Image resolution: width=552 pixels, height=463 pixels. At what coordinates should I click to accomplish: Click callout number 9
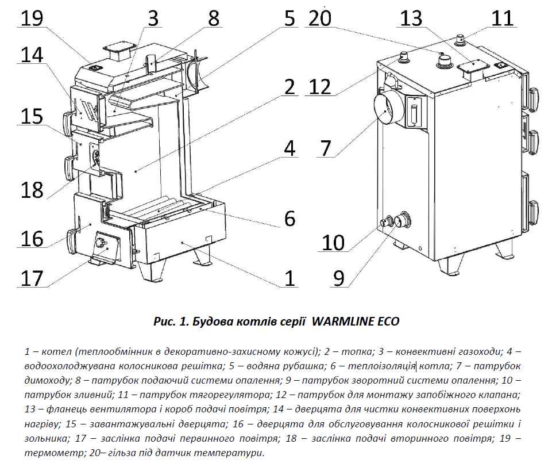coord(339,278)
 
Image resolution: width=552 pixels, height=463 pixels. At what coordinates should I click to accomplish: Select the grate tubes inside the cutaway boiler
coord(164,207)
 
